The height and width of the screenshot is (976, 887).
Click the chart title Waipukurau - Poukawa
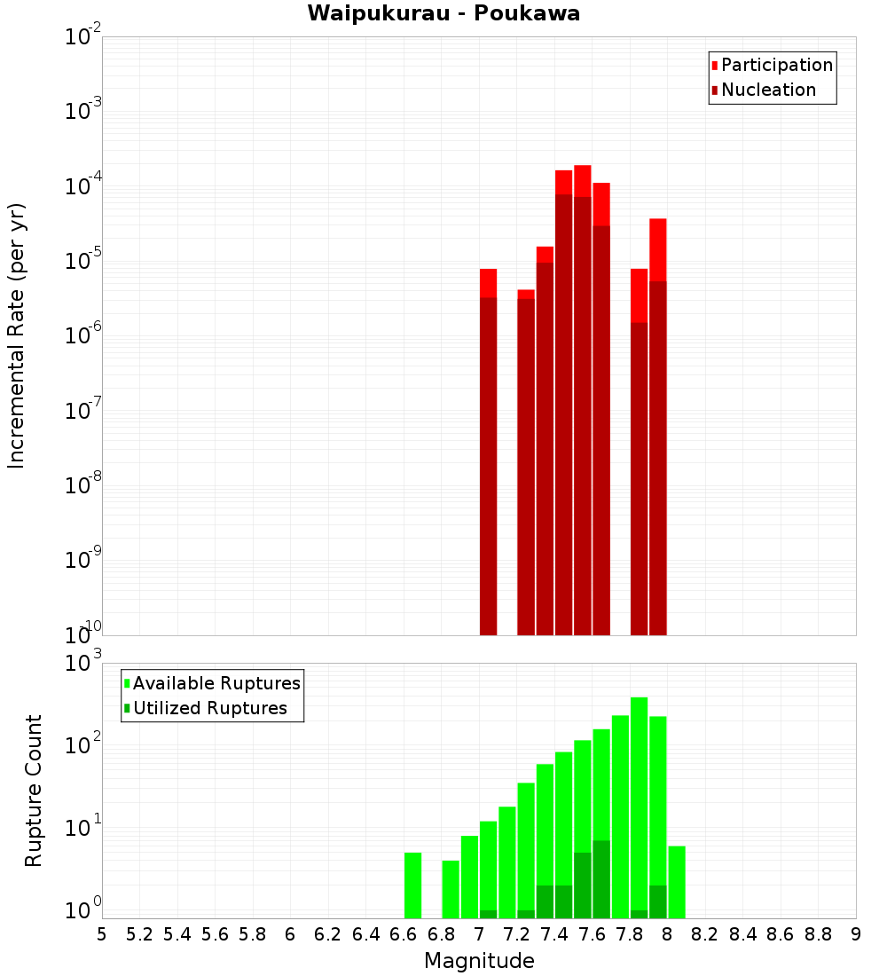coord(443,13)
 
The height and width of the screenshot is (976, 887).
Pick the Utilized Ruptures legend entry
coord(209,708)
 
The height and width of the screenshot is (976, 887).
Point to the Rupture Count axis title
coord(34,791)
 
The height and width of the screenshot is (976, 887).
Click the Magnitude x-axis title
coord(479,961)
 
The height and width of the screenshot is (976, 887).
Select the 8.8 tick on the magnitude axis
coord(818,934)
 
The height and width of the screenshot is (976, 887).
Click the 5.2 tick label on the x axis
coord(139,934)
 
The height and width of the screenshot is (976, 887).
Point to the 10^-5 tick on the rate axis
coord(83,261)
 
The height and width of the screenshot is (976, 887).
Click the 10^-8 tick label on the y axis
coord(83,485)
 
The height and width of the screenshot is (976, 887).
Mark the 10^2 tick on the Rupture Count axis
coord(85,744)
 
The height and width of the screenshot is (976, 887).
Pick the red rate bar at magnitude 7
coord(488,444)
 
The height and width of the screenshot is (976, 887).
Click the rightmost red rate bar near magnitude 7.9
coord(657,426)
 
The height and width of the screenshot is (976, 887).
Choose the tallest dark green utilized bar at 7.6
coord(601,878)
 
